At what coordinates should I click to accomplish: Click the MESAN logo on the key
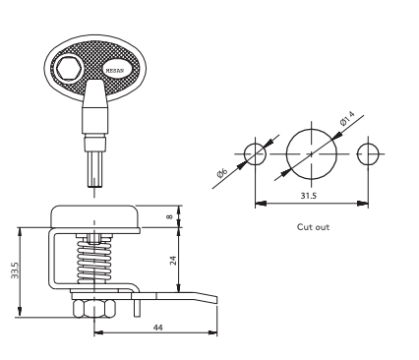115,70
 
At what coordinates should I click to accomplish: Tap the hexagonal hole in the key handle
69,69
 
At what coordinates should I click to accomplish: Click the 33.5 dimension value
15,270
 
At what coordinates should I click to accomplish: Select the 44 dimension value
157,328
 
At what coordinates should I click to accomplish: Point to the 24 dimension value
173,260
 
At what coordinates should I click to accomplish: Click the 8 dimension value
169,216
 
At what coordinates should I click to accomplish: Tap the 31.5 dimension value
309,196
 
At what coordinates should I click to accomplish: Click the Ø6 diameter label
222,172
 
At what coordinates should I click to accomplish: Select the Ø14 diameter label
347,118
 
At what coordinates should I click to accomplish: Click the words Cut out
313,227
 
